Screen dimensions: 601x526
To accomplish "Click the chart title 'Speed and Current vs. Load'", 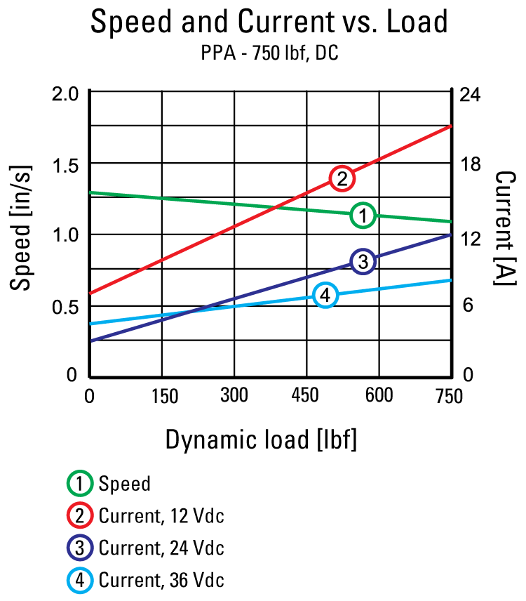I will point(269,22).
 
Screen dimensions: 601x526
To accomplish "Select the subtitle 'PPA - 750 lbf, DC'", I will point(269,53).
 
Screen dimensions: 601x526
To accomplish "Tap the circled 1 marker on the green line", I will point(363,216).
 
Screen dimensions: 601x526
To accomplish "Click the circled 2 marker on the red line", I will point(342,178).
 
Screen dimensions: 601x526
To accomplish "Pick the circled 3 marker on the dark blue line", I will point(363,262).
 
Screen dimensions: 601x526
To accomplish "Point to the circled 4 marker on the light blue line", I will point(325,296).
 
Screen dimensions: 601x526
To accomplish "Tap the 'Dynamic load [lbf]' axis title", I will point(261,440).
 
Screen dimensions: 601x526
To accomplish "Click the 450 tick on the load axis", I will point(306,396).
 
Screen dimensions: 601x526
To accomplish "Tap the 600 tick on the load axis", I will point(379,396).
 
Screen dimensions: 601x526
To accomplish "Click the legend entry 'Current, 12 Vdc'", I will point(161,517).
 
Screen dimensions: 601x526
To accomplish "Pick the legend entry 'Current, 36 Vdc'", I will point(161,580).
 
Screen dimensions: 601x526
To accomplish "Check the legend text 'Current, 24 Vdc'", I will point(161,548).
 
